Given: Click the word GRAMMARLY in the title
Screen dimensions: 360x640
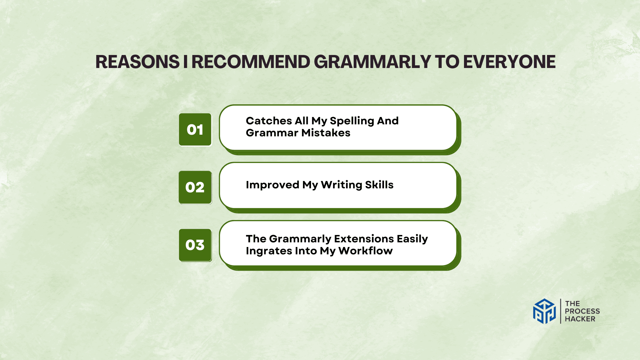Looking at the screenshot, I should [372, 62].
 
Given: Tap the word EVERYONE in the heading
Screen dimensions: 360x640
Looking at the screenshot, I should [509, 62].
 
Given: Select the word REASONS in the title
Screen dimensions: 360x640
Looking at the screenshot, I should [137, 62].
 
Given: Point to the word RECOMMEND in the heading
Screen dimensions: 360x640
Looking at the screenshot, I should [251, 62].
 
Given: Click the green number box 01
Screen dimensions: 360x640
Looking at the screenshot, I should [195, 130].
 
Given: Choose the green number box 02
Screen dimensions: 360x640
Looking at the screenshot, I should [195, 187].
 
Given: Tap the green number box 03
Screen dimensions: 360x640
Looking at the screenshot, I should [195, 245].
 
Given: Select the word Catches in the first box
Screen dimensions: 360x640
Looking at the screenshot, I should [269, 121].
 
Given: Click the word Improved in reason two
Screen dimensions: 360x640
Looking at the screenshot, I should [272, 185].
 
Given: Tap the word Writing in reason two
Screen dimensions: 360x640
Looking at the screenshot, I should [341, 185].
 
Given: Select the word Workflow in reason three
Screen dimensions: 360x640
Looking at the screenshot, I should [365, 251].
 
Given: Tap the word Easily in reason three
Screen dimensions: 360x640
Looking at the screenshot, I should [412, 239].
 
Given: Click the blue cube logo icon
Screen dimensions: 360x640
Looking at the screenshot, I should [544, 311].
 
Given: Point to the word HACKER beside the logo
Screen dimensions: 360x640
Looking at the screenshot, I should [580, 319].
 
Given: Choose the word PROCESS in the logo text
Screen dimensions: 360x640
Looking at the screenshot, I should [582, 311].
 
